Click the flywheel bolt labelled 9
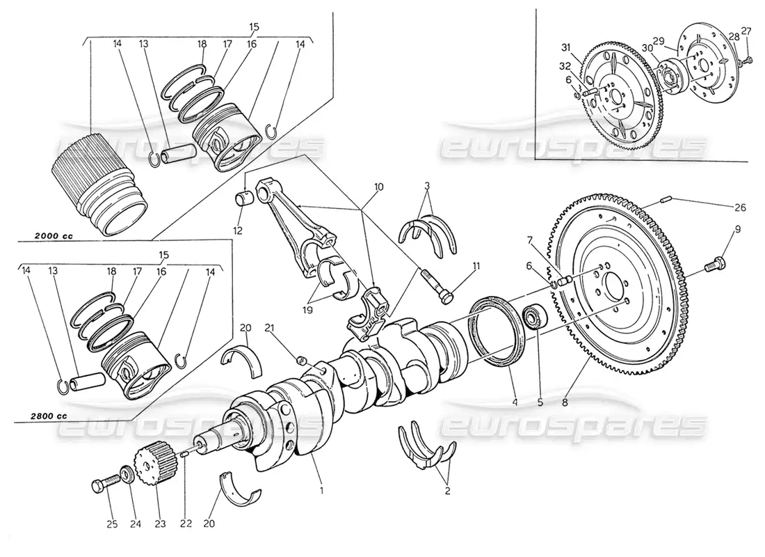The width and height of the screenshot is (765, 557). (x=715, y=264)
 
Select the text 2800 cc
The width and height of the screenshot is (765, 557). (x=48, y=416)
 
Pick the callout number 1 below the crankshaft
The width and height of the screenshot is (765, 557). (x=321, y=490)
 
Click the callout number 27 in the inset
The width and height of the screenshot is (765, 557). (x=746, y=30)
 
